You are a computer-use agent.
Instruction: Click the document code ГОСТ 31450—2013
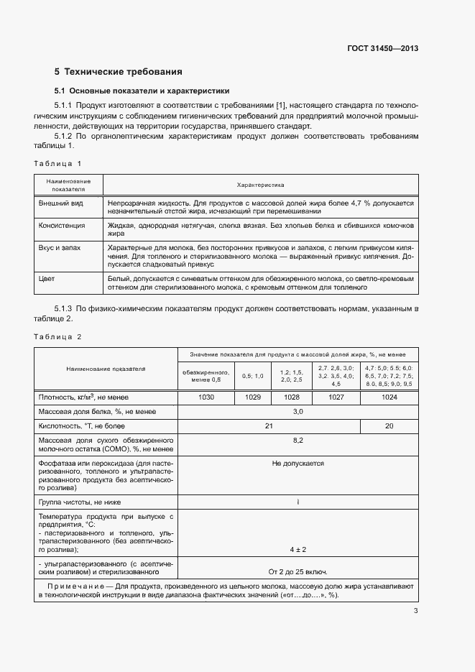(x=383, y=49)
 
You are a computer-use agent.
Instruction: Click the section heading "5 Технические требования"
(x=119, y=72)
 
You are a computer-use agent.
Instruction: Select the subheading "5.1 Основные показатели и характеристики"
(x=142, y=91)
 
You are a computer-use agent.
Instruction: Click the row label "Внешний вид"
(x=60, y=203)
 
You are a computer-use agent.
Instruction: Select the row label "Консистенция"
(x=62, y=225)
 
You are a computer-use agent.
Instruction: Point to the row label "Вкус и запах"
(x=60, y=247)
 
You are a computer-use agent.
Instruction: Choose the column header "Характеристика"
(x=260, y=185)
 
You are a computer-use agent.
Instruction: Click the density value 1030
(x=206, y=397)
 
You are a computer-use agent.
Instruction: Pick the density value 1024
(x=389, y=397)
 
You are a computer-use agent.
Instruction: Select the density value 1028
(x=292, y=397)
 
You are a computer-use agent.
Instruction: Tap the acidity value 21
(x=269, y=425)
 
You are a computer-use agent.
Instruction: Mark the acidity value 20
(x=389, y=425)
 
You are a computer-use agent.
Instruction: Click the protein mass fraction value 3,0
(x=298, y=411)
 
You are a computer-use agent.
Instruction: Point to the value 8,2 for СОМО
(x=298, y=439)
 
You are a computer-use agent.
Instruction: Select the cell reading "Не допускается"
(x=298, y=464)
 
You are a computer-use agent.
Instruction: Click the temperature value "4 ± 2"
(x=298, y=549)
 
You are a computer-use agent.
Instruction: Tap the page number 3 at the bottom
(x=415, y=612)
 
